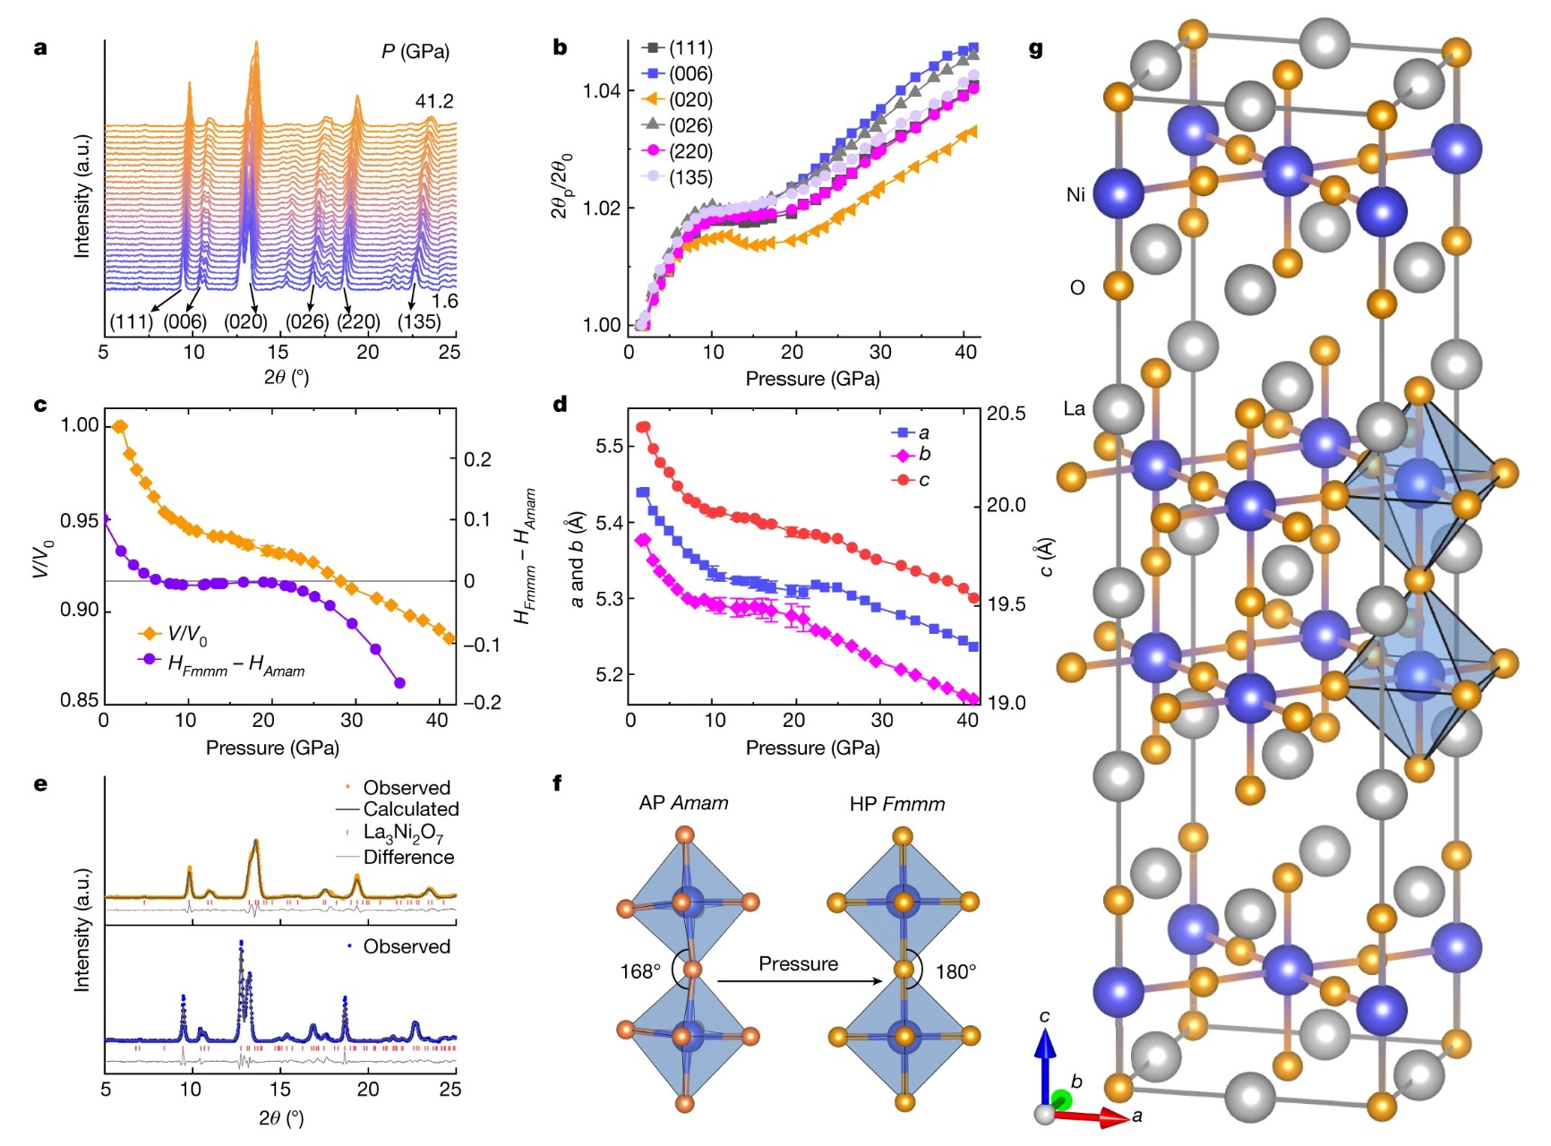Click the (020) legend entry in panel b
(x=678, y=99)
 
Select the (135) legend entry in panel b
(x=678, y=177)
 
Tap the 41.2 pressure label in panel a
(x=434, y=101)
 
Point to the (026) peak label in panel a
(x=307, y=321)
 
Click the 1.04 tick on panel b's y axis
(x=602, y=90)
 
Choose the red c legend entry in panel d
(x=912, y=480)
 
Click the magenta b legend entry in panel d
(x=912, y=455)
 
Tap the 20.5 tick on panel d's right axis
(x=1007, y=414)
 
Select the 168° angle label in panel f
(x=640, y=971)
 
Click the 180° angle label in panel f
(x=956, y=971)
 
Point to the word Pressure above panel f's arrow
(x=799, y=963)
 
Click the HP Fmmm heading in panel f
(x=897, y=804)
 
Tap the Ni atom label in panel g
(x=1075, y=194)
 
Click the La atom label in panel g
(x=1075, y=409)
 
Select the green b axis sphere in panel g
(x=1062, y=1100)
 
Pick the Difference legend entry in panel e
(x=395, y=857)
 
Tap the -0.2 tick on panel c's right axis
(x=482, y=702)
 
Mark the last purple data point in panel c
(x=399, y=683)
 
